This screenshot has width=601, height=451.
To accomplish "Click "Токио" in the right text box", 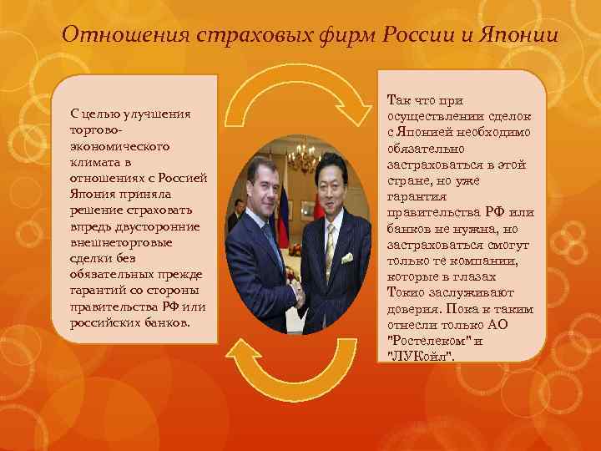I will (x=405, y=292).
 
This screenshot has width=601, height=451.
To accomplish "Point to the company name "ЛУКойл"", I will (x=422, y=356).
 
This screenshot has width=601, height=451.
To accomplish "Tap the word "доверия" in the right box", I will (x=411, y=308).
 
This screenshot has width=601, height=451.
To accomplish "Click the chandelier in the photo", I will (x=301, y=154).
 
